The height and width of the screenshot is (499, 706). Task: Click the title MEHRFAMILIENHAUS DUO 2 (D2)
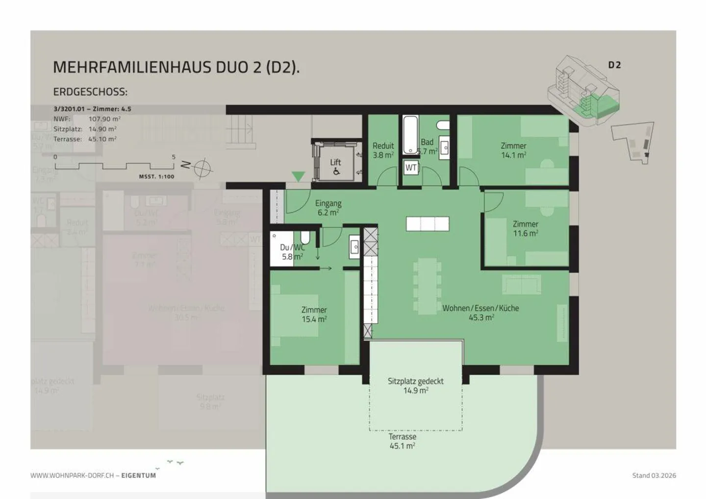[176, 67]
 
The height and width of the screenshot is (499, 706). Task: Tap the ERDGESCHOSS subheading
[90, 92]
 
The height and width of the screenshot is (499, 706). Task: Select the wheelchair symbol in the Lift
[336, 172]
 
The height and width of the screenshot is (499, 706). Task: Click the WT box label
[411, 168]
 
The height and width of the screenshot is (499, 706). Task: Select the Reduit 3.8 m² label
[383, 150]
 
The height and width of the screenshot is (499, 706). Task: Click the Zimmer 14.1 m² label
[513, 150]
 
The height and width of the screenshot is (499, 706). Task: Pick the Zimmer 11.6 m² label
[526, 228]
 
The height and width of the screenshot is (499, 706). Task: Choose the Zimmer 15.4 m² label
[314, 314]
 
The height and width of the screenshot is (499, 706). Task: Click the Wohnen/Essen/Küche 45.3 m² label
[480, 312]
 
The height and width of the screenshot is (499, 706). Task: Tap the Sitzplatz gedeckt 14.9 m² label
[416, 386]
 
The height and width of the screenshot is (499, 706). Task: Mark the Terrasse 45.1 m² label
[403, 441]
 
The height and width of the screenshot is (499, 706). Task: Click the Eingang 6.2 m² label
[328, 207]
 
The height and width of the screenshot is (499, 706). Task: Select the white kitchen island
[428, 224]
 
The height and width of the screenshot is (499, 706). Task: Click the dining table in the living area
[428, 287]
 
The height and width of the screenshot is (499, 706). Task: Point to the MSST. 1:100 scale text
[156, 176]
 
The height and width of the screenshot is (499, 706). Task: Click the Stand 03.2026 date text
[654, 475]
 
